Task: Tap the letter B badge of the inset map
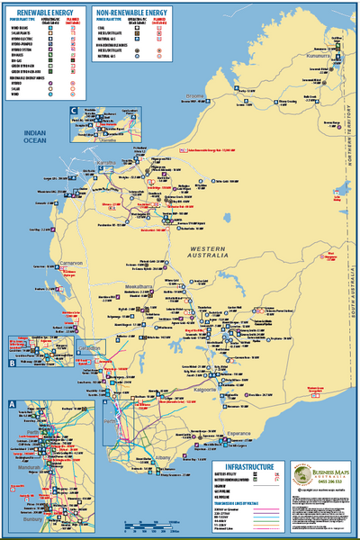12,364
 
